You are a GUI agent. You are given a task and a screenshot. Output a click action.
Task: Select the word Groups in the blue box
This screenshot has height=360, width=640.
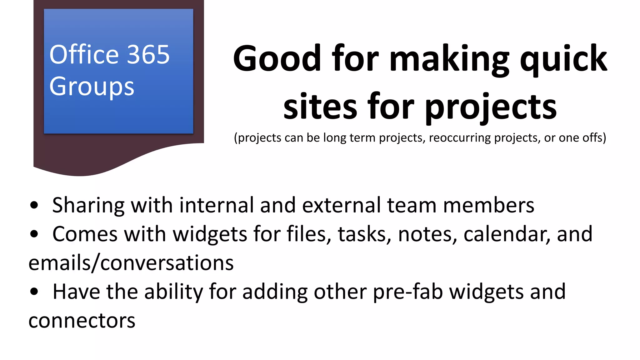(x=92, y=87)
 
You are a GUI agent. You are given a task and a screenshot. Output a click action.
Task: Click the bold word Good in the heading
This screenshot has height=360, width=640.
(x=277, y=58)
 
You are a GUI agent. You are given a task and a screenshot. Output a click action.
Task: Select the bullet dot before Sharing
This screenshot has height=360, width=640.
(x=34, y=205)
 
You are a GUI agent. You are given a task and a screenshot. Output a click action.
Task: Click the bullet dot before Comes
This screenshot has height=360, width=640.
(x=34, y=234)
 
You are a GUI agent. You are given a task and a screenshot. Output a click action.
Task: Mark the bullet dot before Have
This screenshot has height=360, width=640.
(x=34, y=292)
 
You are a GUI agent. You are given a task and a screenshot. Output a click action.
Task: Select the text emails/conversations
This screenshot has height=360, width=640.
(x=131, y=263)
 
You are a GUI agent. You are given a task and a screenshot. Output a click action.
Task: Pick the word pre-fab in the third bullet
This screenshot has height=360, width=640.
(x=408, y=292)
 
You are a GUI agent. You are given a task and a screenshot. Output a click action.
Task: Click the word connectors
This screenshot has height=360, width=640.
(x=82, y=321)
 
